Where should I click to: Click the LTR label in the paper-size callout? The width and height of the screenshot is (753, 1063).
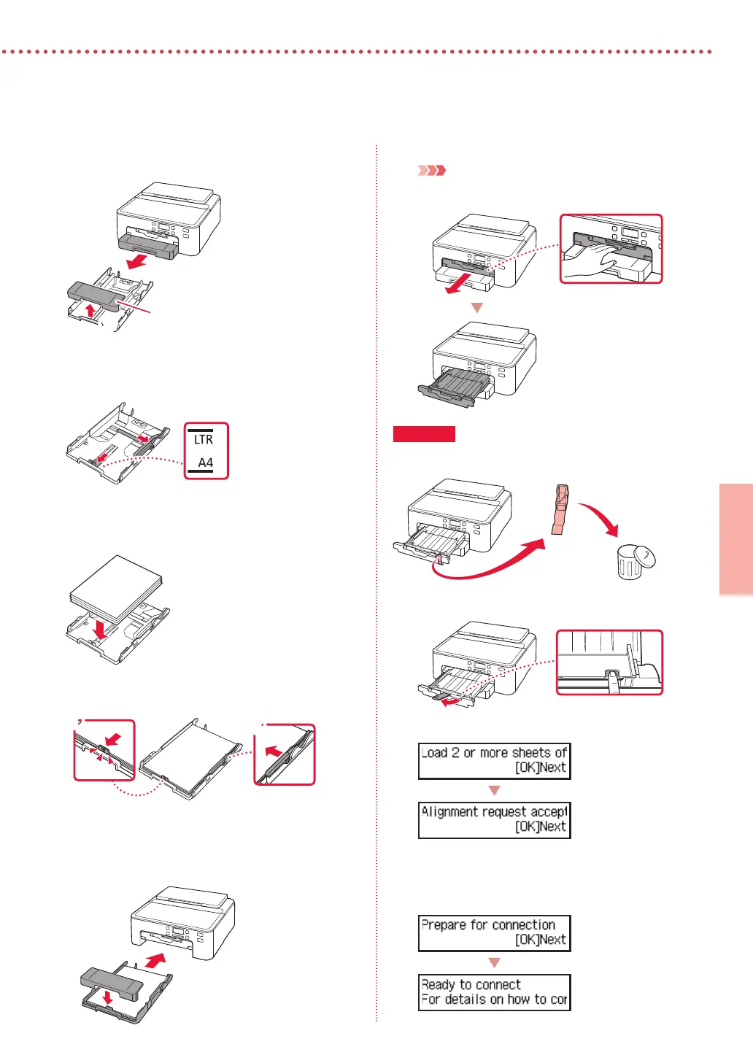(204, 439)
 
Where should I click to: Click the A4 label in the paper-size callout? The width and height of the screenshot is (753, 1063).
(206, 463)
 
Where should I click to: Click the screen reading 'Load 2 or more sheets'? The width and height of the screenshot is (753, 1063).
(494, 760)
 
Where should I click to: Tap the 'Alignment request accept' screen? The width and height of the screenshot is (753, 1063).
(494, 819)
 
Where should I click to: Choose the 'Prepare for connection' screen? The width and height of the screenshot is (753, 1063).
(494, 933)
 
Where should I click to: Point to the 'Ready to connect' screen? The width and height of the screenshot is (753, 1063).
(494, 992)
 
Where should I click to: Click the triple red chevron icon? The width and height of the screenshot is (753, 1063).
(431, 171)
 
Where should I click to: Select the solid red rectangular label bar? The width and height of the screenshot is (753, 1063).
(424, 434)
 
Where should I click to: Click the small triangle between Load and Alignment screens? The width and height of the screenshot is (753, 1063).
(494, 791)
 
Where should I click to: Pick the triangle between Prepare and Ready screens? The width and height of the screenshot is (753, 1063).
(494, 963)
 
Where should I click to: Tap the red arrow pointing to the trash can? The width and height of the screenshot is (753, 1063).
(600, 517)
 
